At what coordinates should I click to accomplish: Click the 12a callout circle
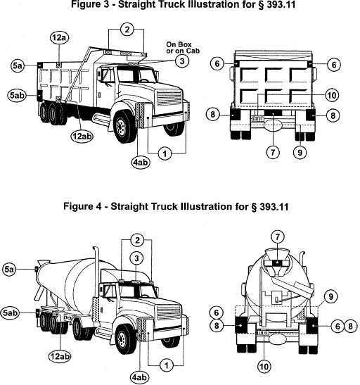pos(59,38)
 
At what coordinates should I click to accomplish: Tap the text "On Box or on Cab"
pos(183,48)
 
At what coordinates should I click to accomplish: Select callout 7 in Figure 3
pos(273,153)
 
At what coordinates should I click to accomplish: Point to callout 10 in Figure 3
pos(332,95)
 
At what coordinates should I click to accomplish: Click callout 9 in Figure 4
pos(330,296)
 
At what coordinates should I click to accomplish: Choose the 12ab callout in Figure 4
pos(60,356)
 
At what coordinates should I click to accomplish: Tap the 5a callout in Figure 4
pos(9,270)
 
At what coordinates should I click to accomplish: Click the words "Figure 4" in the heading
pos(82,206)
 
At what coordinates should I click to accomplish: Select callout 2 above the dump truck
pos(127,30)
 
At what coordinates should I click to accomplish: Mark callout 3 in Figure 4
pos(137,258)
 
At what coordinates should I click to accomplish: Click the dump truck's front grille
pos(169,98)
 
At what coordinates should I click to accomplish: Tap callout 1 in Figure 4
pos(166,365)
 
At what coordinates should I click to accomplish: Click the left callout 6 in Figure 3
pos(217,63)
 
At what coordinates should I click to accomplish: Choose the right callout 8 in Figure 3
pos(333,115)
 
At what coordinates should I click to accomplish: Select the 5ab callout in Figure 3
pos(17,95)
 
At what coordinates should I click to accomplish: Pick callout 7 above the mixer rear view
pos(278,237)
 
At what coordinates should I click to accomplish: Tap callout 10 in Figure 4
pos(264,367)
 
